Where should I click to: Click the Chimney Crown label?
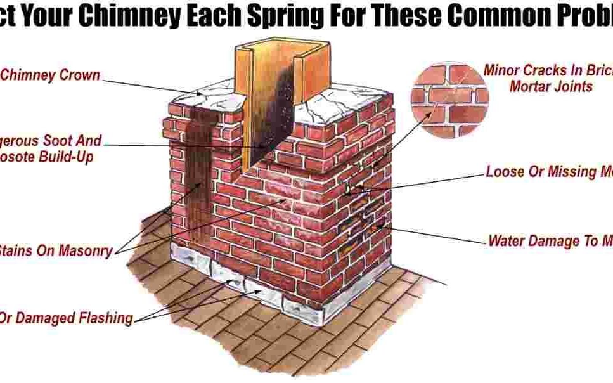[x=50, y=75]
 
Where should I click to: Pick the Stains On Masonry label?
[x=56, y=250]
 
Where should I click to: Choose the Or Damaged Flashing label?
[x=66, y=318]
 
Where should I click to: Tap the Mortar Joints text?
[x=551, y=86]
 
